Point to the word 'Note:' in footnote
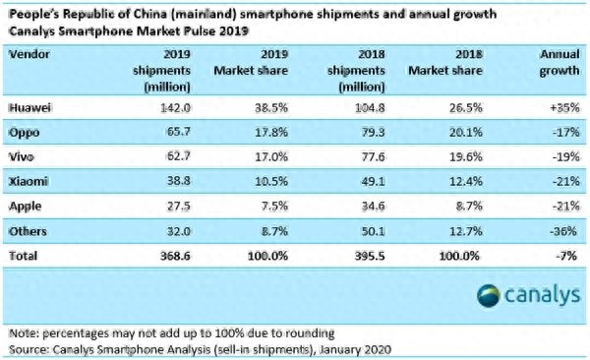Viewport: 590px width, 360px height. click(23, 333)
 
